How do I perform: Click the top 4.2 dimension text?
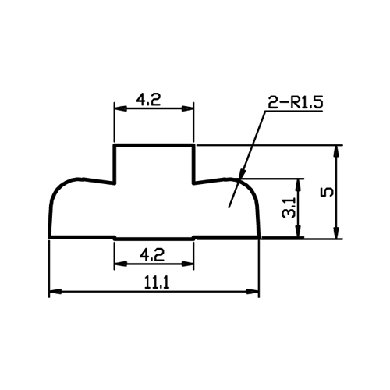tap(148, 99)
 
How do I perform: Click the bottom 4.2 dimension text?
tap(152, 254)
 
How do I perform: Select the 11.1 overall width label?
tap(157, 282)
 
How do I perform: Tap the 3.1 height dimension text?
tap(289, 207)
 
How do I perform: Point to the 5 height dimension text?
tap(328, 192)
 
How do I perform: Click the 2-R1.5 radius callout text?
tap(296, 102)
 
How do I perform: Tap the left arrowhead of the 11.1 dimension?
tap(49, 291)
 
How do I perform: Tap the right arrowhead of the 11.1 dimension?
tap(259, 291)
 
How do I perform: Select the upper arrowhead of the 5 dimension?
tap(336, 145)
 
